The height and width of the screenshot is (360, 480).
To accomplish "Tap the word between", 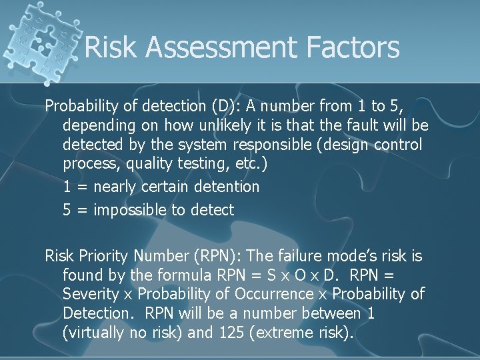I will click(x=325, y=313).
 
